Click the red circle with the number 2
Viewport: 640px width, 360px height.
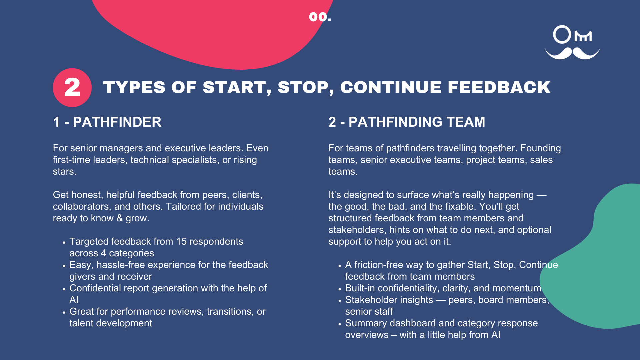tap(72, 88)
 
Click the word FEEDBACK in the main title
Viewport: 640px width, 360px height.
tap(499, 87)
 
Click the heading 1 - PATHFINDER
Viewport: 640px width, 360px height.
tap(107, 122)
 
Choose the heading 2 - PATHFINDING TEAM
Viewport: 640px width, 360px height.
tap(407, 122)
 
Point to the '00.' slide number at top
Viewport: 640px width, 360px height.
tap(320, 17)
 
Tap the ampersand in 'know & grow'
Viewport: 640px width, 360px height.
tap(119, 218)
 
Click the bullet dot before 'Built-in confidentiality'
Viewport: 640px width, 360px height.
tap(340, 289)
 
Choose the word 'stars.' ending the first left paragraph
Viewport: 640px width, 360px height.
tap(65, 172)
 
